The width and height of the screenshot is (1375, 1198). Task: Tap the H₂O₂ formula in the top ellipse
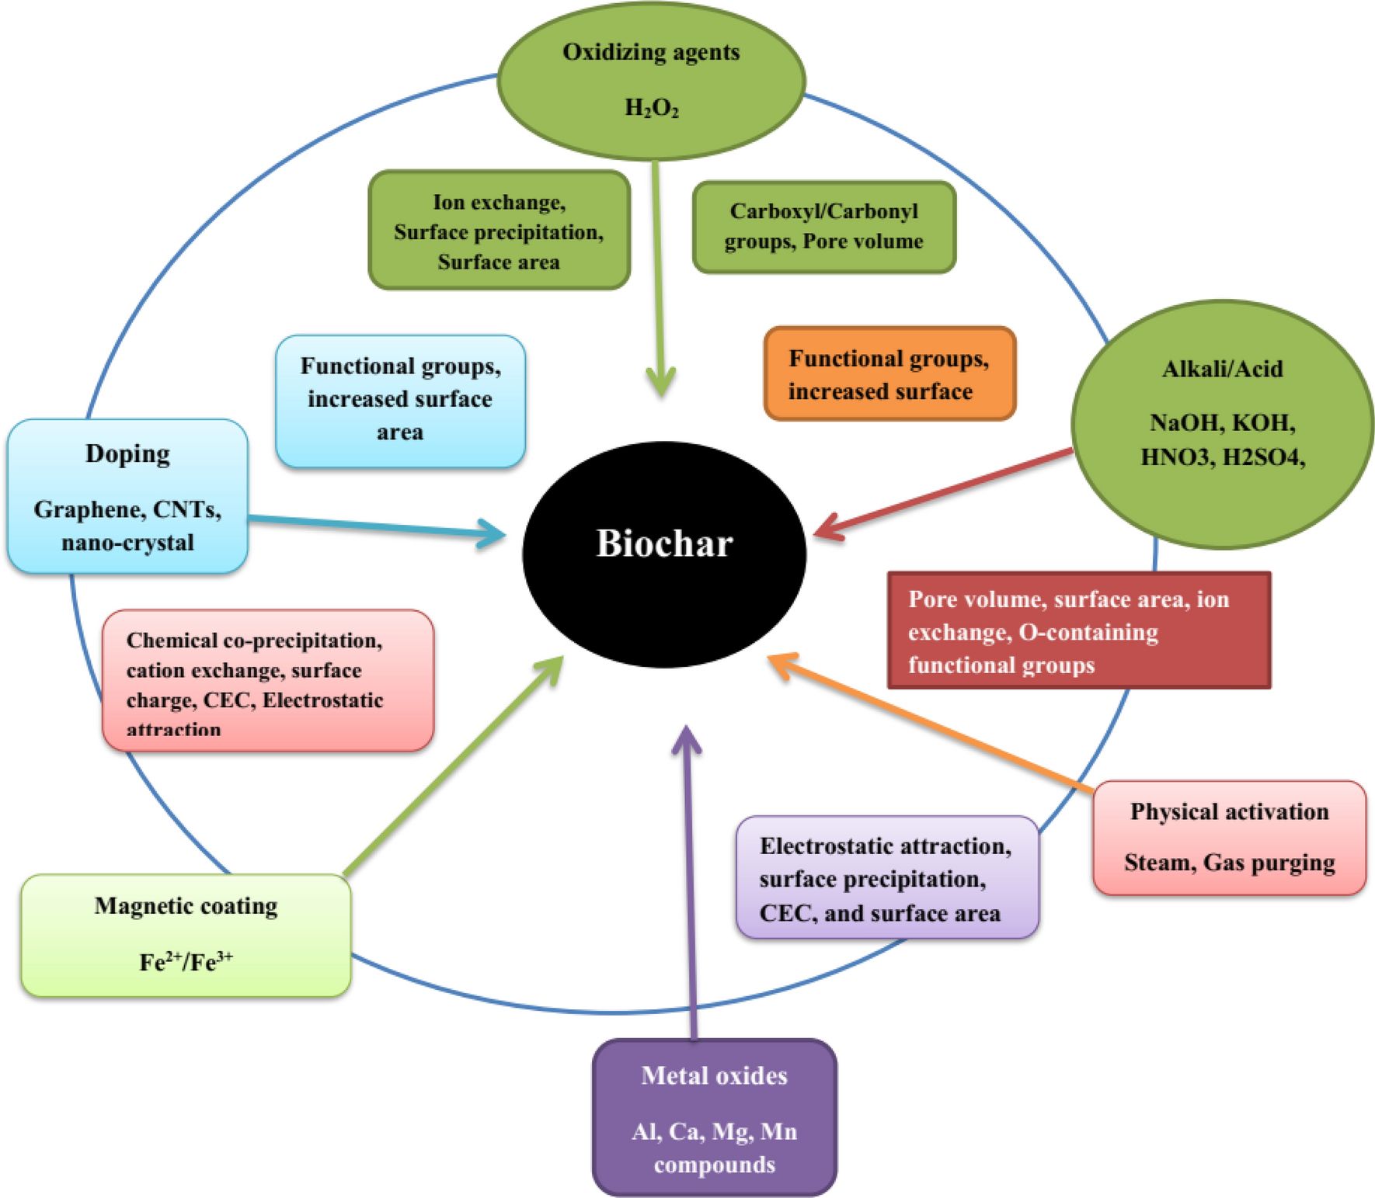pyautogui.click(x=652, y=108)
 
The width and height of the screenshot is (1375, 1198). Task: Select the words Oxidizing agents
pyautogui.click(x=651, y=52)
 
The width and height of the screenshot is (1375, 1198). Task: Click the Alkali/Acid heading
pyautogui.click(x=1222, y=369)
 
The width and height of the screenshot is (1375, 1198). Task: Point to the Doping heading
pyautogui.click(x=127, y=453)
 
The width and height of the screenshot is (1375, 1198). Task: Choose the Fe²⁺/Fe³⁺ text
pyautogui.click(x=186, y=962)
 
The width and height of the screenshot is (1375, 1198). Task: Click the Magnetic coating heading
pyautogui.click(x=186, y=906)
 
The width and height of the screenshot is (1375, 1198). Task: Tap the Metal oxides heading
pyautogui.click(x=714, y=1075)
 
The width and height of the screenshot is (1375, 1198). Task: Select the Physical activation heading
pyautogui.click(x=1229, y=811)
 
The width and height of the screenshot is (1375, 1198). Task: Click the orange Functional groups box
pyautogui.click(x=889, y=374)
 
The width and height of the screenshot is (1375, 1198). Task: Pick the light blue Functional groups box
pyautogui.click(x=400, y=400)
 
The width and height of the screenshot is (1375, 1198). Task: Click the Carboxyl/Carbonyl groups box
pyautogui.click(x=823, y=227)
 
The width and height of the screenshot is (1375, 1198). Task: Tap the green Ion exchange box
pyautogui.click(x=499, y=231)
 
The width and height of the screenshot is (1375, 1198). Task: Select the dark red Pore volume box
pyautogui.click(x=1078, y=630)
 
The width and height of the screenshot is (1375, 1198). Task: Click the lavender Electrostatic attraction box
pyautogui.click(x=886, y=878)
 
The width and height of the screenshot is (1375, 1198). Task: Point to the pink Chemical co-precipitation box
pyautogui.click(x=267, y=681)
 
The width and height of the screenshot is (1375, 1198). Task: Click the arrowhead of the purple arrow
pyautogui.click(x=686, y=738)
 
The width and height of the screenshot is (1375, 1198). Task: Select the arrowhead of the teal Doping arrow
pyautogui.click(x=494, y=533)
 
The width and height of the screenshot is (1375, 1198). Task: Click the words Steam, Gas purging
pyautogui.click(x=1229, y=863)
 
